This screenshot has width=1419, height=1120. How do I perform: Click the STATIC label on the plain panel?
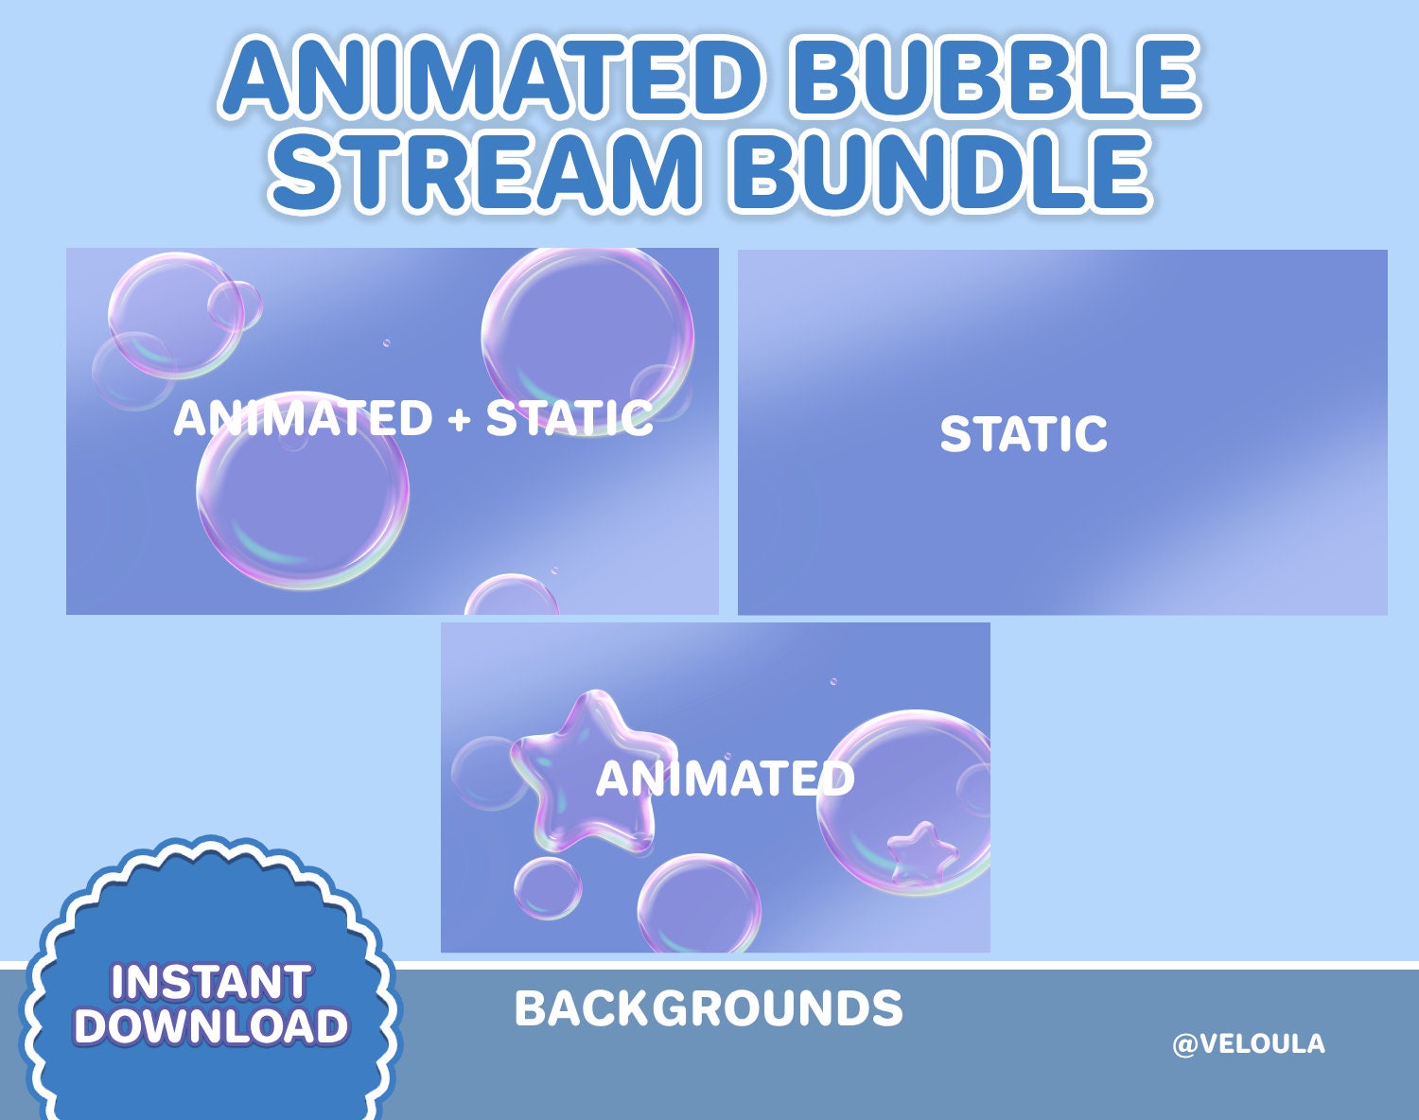click(1024, 434)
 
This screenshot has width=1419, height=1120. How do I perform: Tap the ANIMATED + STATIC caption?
click(412, 418)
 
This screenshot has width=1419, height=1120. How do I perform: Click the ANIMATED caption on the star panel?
click(725, 779)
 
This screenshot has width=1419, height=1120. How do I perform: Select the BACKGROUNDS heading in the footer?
click(709, 1008)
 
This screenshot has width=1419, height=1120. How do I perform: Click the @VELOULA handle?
click(1248, 1044)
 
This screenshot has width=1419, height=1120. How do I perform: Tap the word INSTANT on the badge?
click(210, 982)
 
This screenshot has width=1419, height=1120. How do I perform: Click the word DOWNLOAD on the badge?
click(210, 1026)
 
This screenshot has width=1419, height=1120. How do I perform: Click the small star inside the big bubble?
click(921, 854)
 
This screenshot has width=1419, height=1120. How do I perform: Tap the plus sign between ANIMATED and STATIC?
click(460, 419)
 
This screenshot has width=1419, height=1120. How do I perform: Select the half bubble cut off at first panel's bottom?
click(511, 596)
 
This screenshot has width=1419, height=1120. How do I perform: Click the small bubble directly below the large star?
click(548, 889)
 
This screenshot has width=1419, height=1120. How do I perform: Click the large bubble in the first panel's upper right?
click(587, 331)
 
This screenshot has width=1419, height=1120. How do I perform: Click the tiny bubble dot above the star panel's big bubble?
click(833, 681)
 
